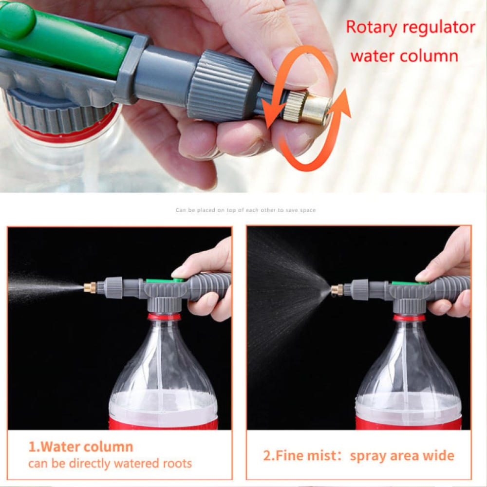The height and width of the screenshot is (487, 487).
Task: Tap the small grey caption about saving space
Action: click(245, 210)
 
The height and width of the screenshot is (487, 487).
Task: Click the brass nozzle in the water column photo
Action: click(90, 287)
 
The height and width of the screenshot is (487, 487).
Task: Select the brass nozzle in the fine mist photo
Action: click(337, 290)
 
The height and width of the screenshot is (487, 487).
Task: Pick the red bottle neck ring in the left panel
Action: click(164, 317)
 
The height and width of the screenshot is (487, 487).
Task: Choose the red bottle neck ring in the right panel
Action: click(409, 318)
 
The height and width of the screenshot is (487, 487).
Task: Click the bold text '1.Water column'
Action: click(80, 447)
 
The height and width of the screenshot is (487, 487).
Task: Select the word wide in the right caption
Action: click(437, 456)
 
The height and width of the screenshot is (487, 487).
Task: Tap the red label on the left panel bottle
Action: click(163, 424)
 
